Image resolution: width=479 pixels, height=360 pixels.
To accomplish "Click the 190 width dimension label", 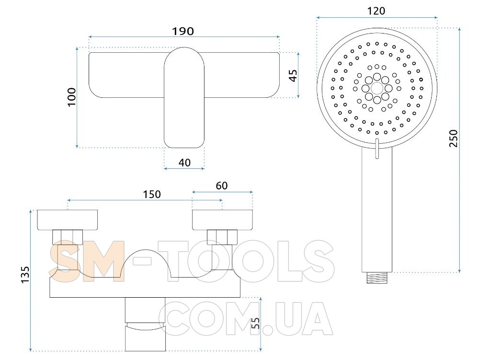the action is pos(182,31).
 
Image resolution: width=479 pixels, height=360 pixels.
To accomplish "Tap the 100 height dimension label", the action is pos(71,97).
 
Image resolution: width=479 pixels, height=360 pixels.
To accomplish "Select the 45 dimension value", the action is pos(293,75).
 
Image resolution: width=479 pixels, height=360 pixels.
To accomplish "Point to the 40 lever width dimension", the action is pos(184,163).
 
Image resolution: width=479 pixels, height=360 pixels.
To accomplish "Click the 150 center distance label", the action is pos(152,194).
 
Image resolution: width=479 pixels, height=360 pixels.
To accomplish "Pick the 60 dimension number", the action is pos(222,186).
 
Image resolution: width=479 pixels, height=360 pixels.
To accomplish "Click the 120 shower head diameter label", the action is pos(376,11).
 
